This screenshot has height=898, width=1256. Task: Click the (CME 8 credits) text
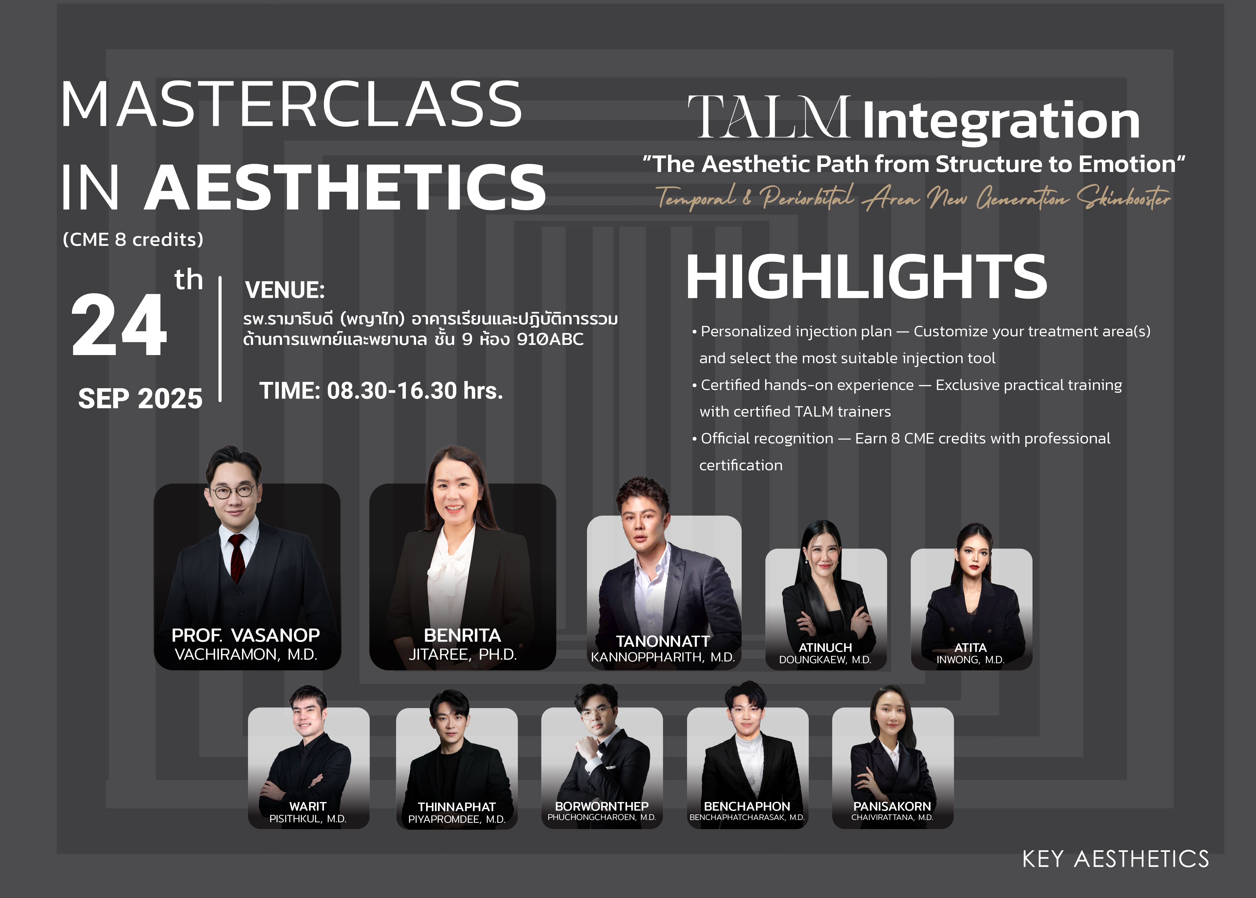[x=133, y=239]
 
